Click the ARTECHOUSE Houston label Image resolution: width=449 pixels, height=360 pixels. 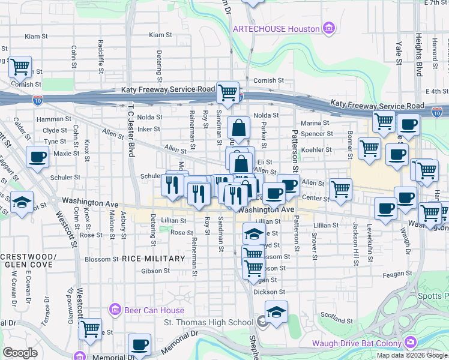276,28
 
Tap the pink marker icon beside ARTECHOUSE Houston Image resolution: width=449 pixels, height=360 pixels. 328,28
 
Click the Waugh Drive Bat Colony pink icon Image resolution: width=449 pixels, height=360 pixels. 411,342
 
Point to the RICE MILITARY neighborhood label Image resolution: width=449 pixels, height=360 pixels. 153,259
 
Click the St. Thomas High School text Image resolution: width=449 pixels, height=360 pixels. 208,323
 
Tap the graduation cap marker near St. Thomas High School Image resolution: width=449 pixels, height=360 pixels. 276,313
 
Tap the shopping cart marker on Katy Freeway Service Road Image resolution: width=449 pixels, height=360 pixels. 228,93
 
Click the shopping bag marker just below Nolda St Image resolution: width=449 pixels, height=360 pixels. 238,128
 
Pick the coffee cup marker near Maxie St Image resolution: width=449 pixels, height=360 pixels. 38,158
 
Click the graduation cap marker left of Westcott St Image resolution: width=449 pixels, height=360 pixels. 22,202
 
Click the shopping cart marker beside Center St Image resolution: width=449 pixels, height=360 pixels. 340,189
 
